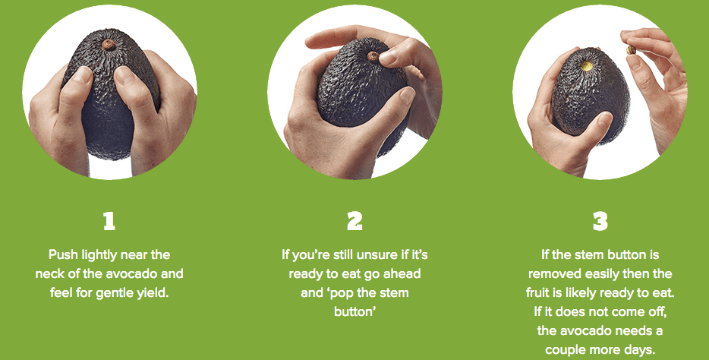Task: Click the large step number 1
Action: point(109,222)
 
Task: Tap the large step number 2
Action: point(355,222)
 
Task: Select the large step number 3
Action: point(600,222)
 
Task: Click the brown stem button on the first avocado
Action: point(108,44)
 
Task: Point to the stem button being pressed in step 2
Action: point(373,56)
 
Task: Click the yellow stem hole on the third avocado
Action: point(587,66)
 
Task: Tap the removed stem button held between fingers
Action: point(629,50)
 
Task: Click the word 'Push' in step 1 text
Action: point(63,255)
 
